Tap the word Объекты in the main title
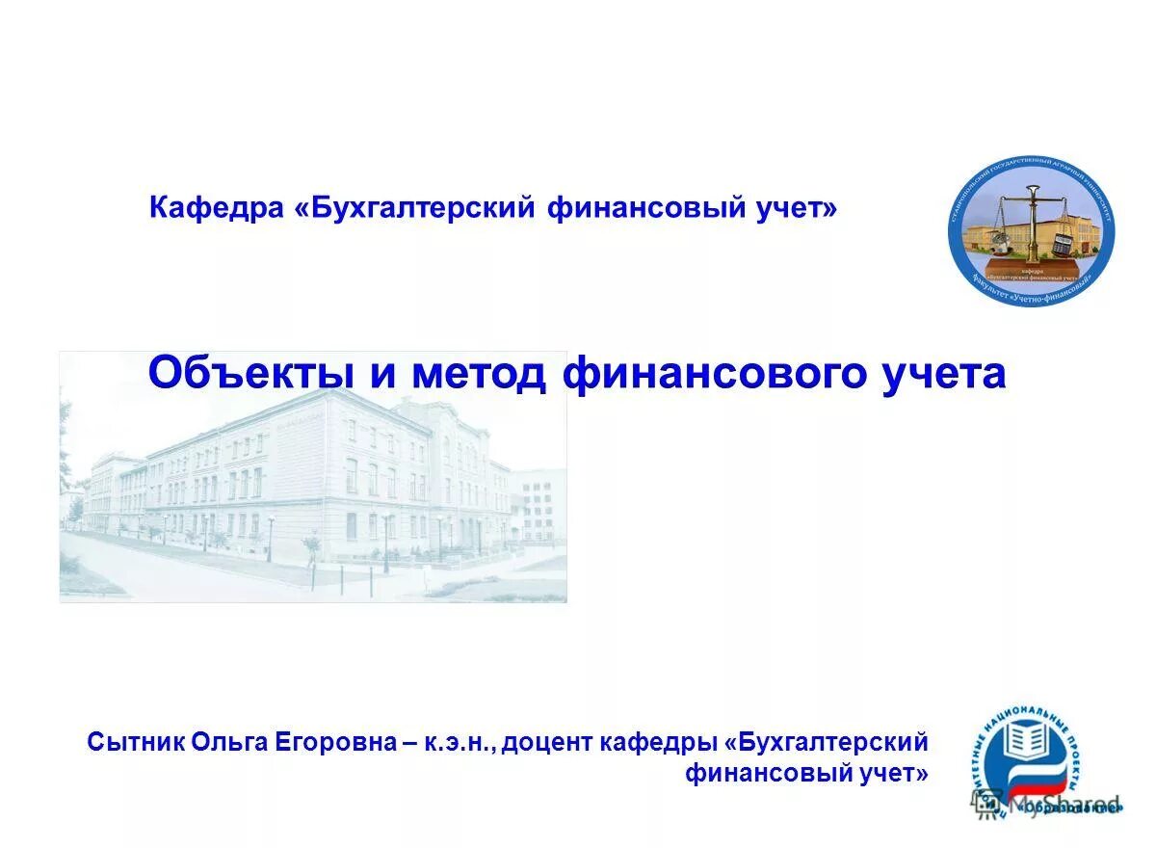252,374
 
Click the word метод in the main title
479,374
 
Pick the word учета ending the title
944,374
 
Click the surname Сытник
135,743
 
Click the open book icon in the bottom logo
1028,743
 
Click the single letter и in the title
383,374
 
